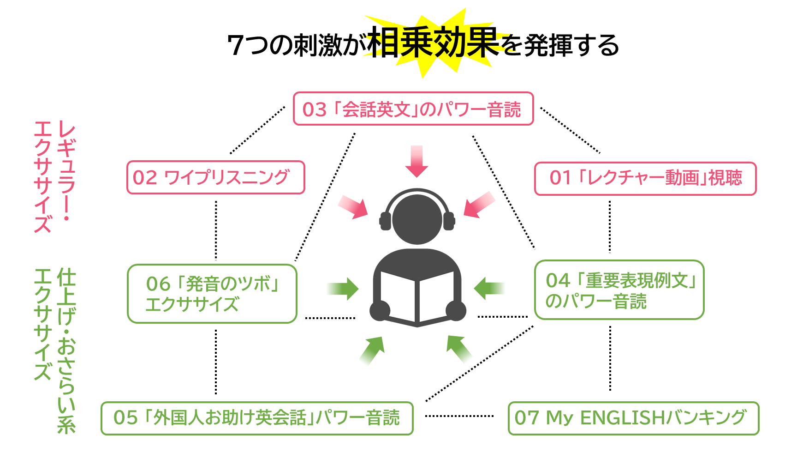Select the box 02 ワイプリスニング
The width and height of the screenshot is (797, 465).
pos(216,177)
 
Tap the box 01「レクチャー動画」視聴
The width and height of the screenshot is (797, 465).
pos(645,178)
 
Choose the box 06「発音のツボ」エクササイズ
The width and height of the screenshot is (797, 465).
pos(212,294)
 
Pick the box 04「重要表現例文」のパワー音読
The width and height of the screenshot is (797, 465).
pos(619,290)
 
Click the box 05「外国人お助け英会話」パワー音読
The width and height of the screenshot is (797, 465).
pos(257,418)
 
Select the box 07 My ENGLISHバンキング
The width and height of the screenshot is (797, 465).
pos(634,418)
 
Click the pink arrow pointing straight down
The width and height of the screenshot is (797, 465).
pos(416,162)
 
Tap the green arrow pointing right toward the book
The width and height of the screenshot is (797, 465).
pos(343,289)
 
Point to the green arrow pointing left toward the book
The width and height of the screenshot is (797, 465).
pos(489,288)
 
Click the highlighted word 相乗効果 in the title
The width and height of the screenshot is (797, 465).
pos(434,42)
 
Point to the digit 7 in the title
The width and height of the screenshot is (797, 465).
pos(236,45)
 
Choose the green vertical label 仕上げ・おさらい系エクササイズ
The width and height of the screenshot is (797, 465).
pos(54,350)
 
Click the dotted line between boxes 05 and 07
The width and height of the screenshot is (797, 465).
pos(459,416)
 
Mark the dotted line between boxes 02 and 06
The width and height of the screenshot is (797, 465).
pos(216,230)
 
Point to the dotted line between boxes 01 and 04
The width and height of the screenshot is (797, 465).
pos(610,227)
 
